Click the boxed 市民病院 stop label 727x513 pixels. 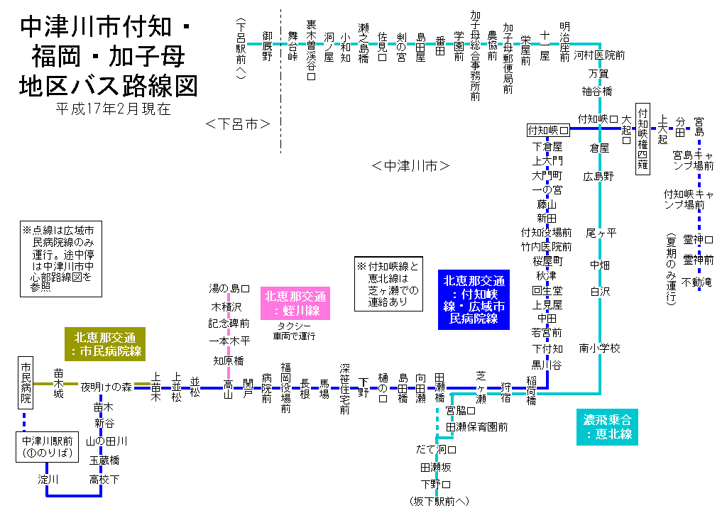point(26,382)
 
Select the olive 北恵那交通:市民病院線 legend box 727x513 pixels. point(106,343)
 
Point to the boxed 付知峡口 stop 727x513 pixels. point(549,131)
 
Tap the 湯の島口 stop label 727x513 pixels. point(229,289)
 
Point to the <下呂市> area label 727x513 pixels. point(238,124)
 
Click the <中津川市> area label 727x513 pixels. point(411,166)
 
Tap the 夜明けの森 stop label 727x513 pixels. point(106,387)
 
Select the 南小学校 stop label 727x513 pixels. point(600,348)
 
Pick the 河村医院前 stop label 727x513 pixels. point(599,55)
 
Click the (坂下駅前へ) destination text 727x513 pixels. point(439,501)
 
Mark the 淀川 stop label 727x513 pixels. point(48,480)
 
